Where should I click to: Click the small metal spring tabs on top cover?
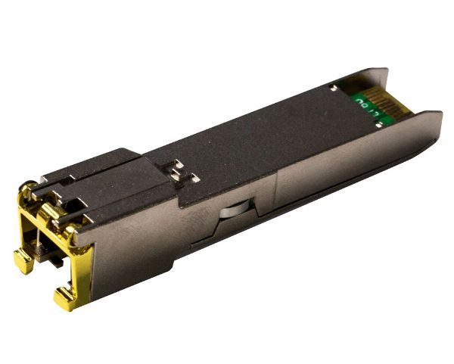coord(179,170)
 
